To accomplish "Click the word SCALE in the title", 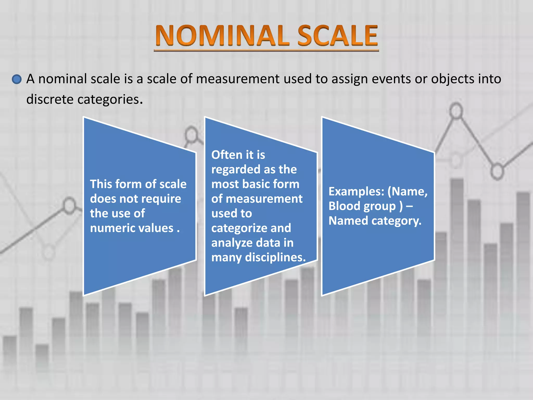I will [338, 36].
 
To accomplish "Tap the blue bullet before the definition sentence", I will [17, 79].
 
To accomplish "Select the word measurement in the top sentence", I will [238, 79].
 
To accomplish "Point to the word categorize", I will [239, 228].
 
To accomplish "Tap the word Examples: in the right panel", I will [356, 192].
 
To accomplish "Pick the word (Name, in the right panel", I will [408, 192].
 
